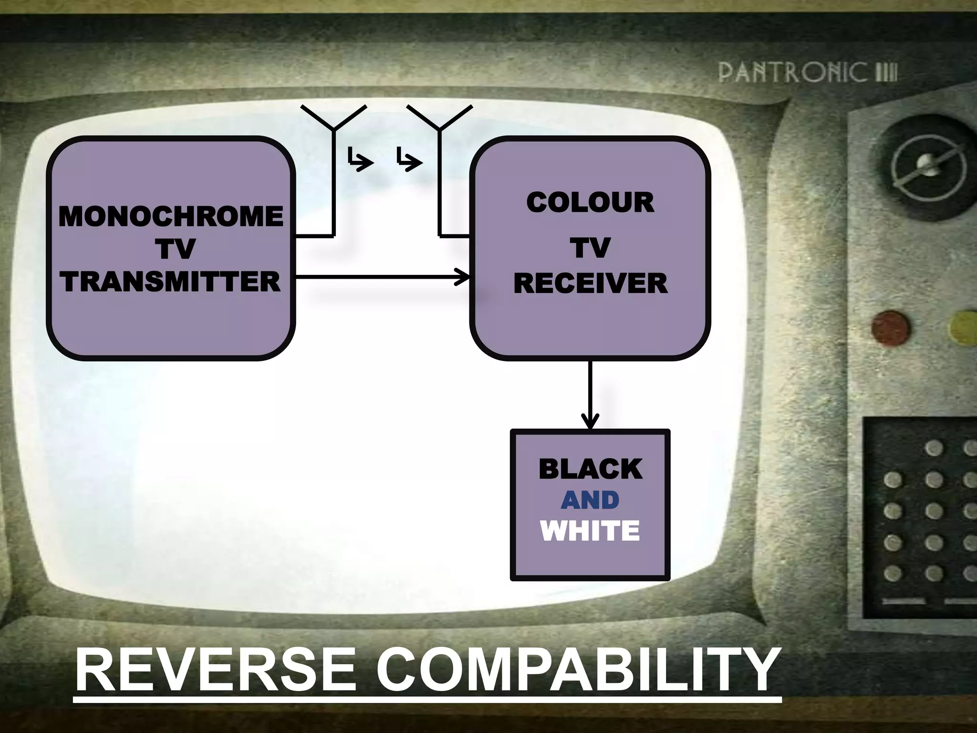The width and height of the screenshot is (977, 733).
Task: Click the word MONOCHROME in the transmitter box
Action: point(171,216)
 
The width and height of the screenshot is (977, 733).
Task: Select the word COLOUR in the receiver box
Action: point(590,202)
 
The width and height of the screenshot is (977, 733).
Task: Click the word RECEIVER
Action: point(591,283)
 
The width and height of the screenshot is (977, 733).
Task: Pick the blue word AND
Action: point(590,500)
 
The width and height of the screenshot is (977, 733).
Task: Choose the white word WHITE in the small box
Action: point(590,531)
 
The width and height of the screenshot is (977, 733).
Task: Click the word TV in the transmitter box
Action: point(177,249)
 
